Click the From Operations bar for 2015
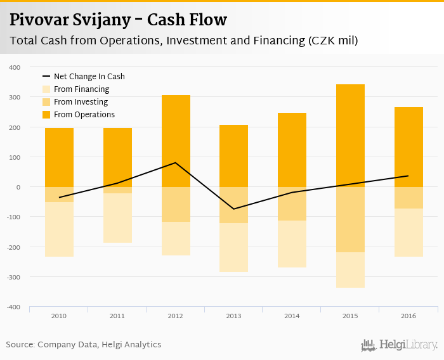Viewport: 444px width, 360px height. click(350, 136)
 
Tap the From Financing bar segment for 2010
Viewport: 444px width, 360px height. click(59, 229)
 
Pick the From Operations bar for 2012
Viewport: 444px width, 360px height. click(176, 141)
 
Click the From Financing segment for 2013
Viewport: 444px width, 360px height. click(234, 247)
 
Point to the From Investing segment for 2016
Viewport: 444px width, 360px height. click(408, 198)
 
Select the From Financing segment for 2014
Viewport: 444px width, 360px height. click(292, 244)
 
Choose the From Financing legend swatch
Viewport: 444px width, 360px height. click(46, 89)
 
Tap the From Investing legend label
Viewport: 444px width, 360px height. click(81, 102)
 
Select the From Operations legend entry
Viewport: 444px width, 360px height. click(84, 115)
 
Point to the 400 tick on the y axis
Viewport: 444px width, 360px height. click(15, 67)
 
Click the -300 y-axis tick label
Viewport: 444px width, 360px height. click(13, 277)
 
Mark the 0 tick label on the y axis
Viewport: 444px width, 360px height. click(18, 187)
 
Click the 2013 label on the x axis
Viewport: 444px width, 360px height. click(234, 315)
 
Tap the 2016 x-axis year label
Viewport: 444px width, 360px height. click(408, 315)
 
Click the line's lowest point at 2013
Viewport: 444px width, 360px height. click(234, 209)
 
